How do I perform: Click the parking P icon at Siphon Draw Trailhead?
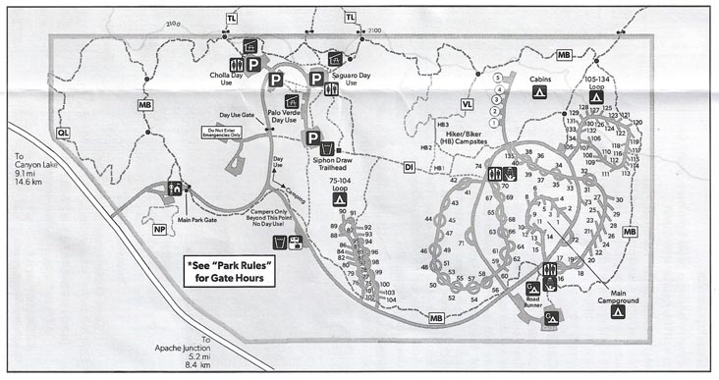coord(313,137)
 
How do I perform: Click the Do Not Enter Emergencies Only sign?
coord(222,133)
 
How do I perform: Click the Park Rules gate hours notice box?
coord(232,270)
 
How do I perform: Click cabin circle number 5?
coord(498,77)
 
